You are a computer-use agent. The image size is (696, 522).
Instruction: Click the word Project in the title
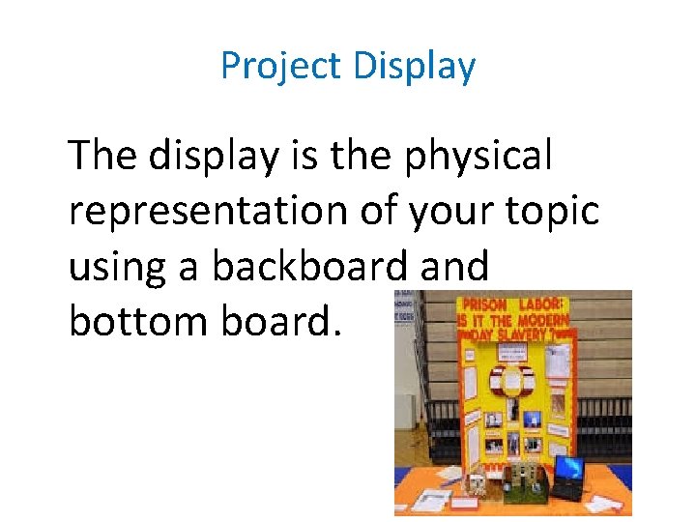click(x=280, y=67)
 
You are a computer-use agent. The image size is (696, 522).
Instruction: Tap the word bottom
click(x=139, y=322)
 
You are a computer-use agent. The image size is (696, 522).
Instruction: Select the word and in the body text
click(x=454, y=266)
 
